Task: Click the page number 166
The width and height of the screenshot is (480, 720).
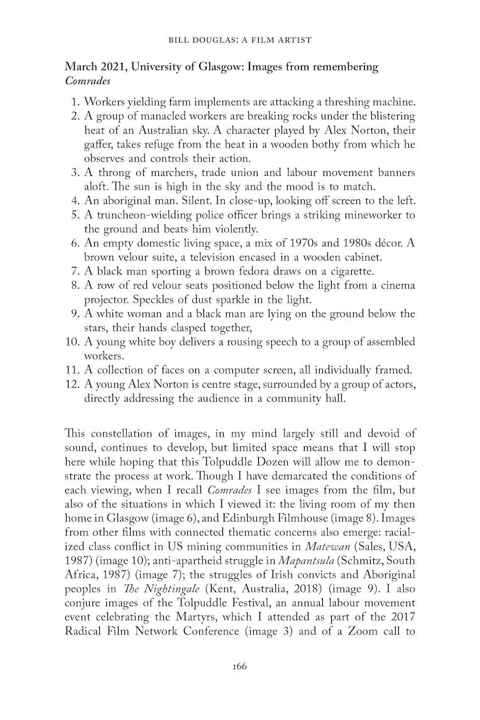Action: point(240,667)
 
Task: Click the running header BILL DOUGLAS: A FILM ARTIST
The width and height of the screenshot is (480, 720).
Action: point(240,40)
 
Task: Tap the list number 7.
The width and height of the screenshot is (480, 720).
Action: point(73,271)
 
